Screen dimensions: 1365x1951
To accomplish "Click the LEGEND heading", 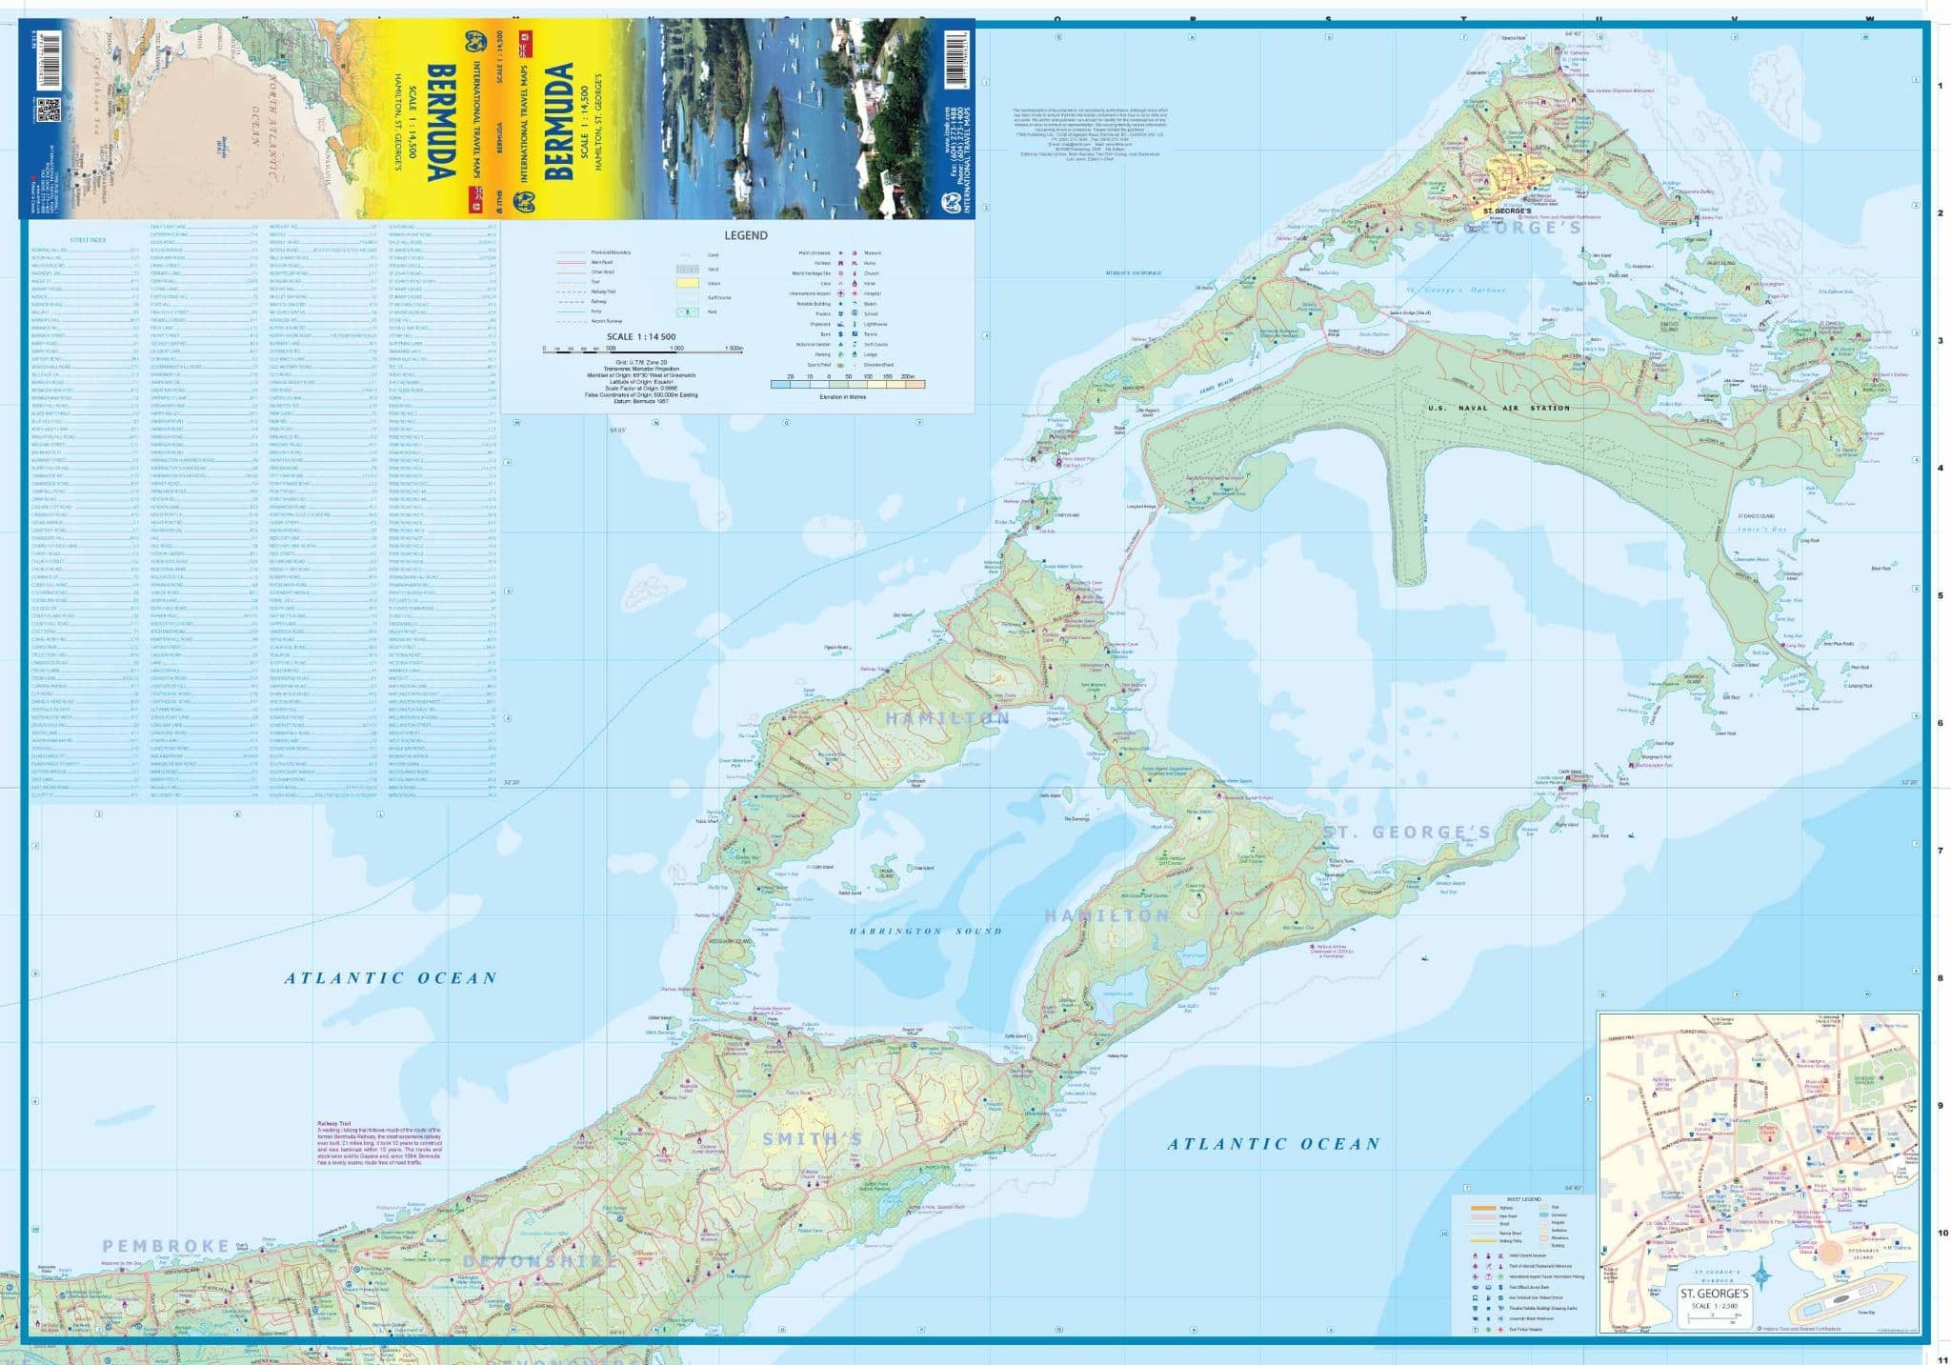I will click(745, 235).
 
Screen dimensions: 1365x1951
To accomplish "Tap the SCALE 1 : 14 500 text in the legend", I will click(640, 337).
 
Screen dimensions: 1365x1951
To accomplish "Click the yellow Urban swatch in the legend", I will click(686, 283).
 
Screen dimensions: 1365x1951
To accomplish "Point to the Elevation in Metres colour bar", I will click(847, 385).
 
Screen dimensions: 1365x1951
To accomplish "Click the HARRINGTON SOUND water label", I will click(925, 931).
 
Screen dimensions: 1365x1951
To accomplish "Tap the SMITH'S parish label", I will click(812, 1138).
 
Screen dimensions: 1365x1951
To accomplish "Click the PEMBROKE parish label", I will click(166, 1245).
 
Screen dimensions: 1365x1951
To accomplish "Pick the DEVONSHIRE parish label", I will click(539, 1261).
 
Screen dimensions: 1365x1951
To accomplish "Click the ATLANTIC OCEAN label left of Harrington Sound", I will click(392, 977).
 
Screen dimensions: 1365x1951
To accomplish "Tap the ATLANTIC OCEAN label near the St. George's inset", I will click(1274, 1144).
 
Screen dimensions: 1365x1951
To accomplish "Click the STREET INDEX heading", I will click(87, 240).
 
